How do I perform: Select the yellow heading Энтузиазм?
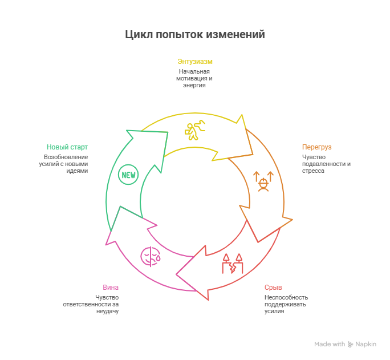pos(195,61)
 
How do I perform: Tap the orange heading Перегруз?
pos(316,147)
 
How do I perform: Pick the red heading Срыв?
pos(273,287)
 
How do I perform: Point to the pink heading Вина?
pos(111,287)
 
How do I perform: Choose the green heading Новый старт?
pos(67,147)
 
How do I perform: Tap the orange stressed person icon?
pos(263,181)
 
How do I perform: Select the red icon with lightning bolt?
pos(232,264)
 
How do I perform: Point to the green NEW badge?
pos(128,175)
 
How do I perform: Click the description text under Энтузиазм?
pos(194,78)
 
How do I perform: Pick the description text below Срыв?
pos(286,304)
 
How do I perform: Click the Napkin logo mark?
pos(350,344)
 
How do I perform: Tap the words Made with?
pos(330,344)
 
